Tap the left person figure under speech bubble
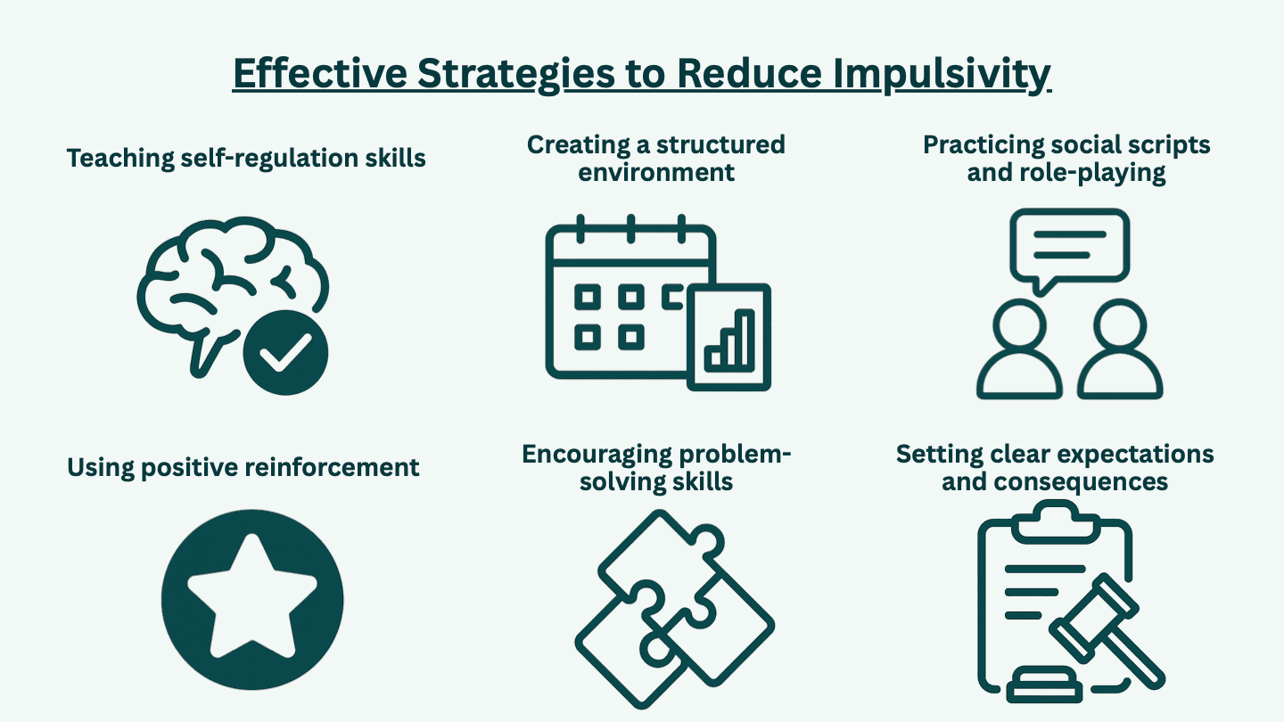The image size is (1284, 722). (1019, 352)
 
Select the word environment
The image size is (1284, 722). (656, 171)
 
